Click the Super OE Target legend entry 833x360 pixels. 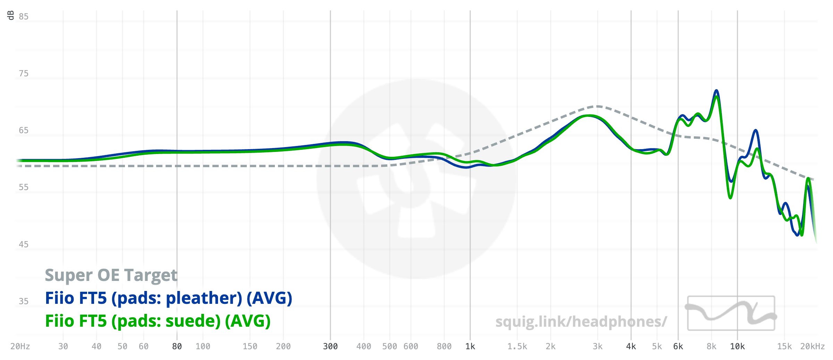click(111, 275)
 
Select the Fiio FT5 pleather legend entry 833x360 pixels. click(169, 298)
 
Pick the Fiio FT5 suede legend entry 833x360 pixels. click(158, 321)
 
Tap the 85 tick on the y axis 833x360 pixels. click(24, 17)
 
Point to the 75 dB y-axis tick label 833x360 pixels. click(24, 74)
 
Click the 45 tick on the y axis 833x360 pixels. click(24, 245)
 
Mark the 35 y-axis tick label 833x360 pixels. click(24, 301)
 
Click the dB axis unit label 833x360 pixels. click(10, 15)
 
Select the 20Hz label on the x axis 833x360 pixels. click(20, 346)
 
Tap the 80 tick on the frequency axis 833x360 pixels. click(177, 346)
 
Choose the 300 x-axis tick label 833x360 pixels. click(330, 346)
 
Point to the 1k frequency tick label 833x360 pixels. click(470, 346)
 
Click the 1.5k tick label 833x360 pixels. click(517, 346)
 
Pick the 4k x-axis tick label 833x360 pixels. click(631, 346)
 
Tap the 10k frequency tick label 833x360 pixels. click(738, 346)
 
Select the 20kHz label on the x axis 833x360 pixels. click(812, 346)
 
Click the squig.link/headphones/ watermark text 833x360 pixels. click(581, 322)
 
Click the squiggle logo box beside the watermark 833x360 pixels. click(731, 313)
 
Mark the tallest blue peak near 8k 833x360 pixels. click(716, 91)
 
